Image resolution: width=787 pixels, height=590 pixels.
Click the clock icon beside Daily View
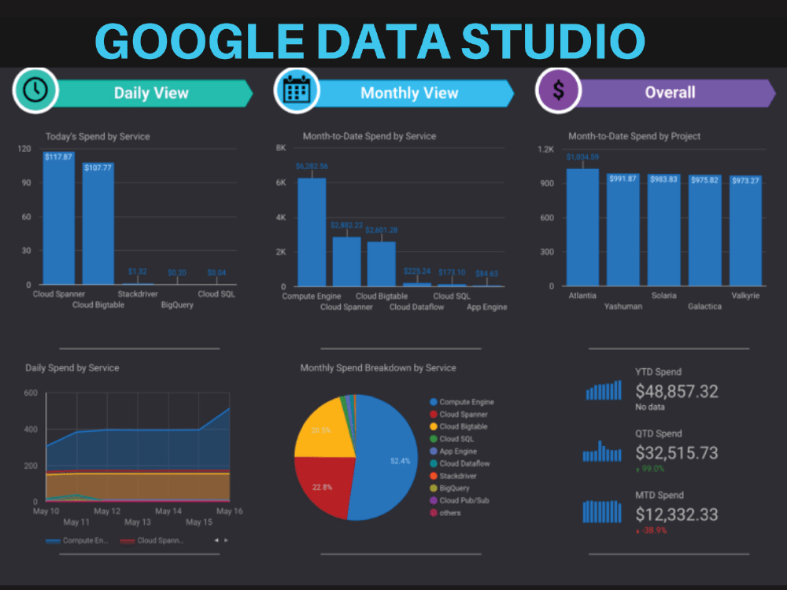click(34, 90)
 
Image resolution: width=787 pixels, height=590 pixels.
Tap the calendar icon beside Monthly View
click(296, 90)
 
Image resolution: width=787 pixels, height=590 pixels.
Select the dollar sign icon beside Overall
click(558, 90)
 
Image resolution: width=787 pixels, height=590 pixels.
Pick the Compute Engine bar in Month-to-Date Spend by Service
click(312, 232)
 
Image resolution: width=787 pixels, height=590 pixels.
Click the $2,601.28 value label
click(382, 230)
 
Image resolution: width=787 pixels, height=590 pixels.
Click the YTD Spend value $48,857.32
click(676, 391)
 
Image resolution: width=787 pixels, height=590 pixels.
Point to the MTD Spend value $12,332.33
click(676, 514)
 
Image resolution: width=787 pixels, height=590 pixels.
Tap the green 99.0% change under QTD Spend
click(652, 468)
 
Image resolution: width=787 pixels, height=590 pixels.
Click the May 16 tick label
click(230, 511)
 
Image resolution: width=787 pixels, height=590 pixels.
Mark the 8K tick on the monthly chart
click(280, 148)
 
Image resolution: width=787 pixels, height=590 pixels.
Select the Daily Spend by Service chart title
click(72, 367)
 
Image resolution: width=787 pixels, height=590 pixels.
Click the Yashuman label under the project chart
click(623, 306)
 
